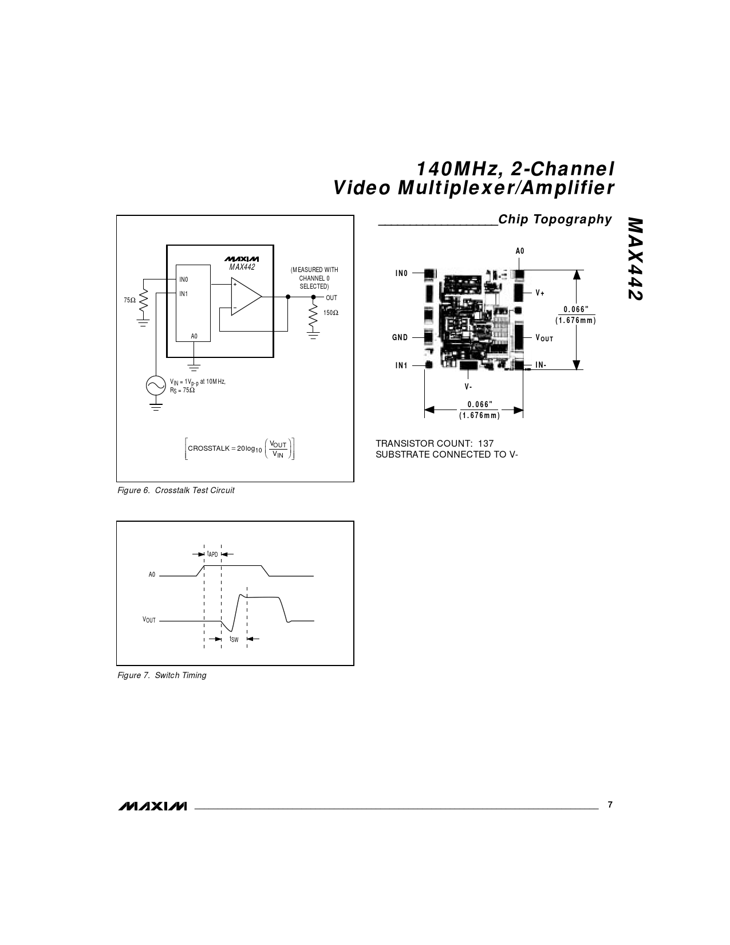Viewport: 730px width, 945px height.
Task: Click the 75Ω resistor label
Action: click(x=129, y=300)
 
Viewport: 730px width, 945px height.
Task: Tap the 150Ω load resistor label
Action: click(x=331, y=313)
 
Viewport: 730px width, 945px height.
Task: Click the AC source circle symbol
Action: click(x=156, y=385)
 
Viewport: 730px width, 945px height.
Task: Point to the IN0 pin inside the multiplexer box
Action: click(x=183, y=279)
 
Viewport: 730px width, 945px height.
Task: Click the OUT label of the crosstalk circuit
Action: click(x=332, y=298)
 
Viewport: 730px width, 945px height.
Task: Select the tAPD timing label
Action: click(x=212, y=554)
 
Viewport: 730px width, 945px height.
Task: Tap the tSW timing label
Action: click(x=234, y=639)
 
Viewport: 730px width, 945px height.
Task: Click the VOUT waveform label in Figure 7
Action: click(x=149, y=620)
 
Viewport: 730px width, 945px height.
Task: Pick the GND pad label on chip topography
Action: click(x=400, y=337)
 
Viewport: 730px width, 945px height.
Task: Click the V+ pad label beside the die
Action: click(x=540, y=293)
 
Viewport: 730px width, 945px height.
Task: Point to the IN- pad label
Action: click(x=541, y=365)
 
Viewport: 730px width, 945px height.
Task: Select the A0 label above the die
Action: click(x=520, y=251)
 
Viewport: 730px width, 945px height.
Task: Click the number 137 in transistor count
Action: click(x=486, y=444)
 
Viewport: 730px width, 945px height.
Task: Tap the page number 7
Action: click(x=610, y=805)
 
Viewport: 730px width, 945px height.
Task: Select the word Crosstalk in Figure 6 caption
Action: click(x=172, y=490)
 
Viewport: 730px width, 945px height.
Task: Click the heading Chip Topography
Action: click(x=555, y=219)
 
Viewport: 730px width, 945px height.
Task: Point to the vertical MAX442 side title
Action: click(x=636, y=259)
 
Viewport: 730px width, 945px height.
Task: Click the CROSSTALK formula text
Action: click(x=240, y=449)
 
